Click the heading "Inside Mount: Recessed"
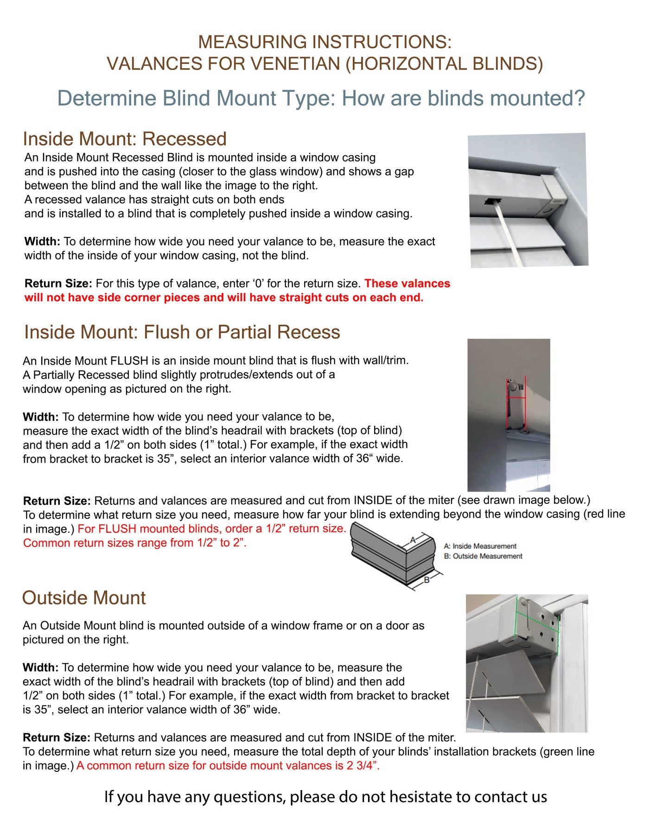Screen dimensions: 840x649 pos(125,139)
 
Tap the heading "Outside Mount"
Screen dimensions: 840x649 pos(84,598)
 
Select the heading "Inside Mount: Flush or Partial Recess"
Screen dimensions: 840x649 pos(182,332)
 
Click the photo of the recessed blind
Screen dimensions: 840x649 pos(528,200)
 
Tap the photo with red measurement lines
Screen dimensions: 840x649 pos(509,415)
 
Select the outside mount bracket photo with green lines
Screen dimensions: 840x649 pos(527,663)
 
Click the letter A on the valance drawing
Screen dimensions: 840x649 pos(413,540)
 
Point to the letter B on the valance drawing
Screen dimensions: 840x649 pos(427,580)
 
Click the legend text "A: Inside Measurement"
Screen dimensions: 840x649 pos(480,547)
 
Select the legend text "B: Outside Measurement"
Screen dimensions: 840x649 pos(483,556)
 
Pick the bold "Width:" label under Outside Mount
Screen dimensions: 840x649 pos(41,668)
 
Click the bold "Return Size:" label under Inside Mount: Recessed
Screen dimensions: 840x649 pos(58,284)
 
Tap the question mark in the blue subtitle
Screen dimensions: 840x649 pos(579,99)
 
